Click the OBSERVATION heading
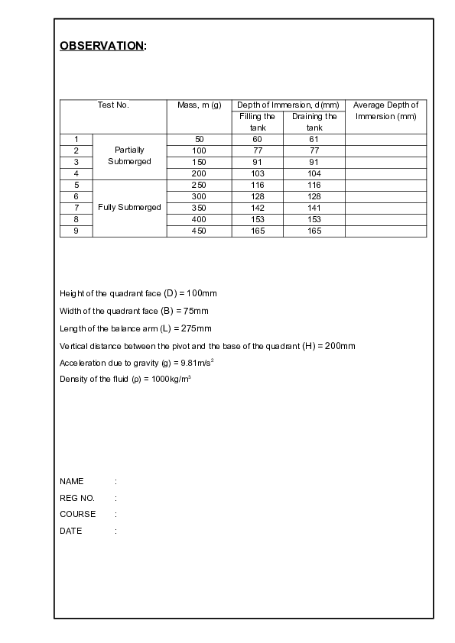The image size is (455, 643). pyautogui.click(x=102, y=46)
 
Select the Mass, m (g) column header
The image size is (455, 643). pyautogui.click(x=199, y=105)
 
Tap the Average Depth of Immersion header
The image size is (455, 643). pyautogui.click(x=385, y=111)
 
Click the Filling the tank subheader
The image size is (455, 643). pyautogui.click(x=257, y=122)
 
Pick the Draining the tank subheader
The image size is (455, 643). pyautogui.click(x=314, y=122)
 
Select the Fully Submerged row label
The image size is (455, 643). pyautogui.click(x=129, y=208)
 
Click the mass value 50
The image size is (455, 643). pyautogui.click(x=199, y=139)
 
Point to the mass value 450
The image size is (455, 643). pyautogui.click(x=199, y=231)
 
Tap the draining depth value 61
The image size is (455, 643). pyautogui.click(x=314, y=139)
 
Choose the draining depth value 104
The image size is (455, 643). pyautogui.click(x=314, y=173)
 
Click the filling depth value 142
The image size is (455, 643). pyautogui.click(x=257, y=208)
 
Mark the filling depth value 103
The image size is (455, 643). pyautogui.click(x=257, y=173)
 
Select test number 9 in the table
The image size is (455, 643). pyautogui.click(x=76, y=231)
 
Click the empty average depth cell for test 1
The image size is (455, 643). pyautogui.click(x=385, y=139)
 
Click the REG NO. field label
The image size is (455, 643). pyautogui.click(x=76, y=498)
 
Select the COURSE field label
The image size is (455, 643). pyautogui.click(x=77, y=515)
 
